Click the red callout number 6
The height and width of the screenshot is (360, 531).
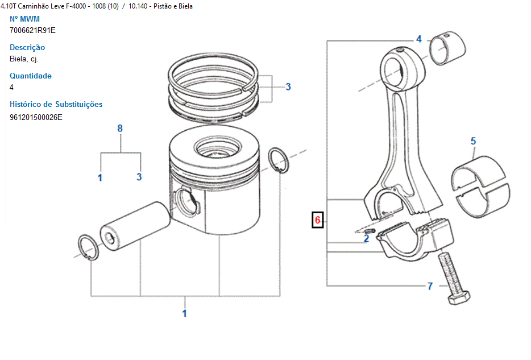pos(318,220)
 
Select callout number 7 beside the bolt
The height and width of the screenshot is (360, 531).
pos(430,285)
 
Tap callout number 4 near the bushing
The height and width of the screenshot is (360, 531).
pos(419,39)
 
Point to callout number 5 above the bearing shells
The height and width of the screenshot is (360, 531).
pos(473,141)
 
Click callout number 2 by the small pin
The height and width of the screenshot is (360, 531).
pos(366,238)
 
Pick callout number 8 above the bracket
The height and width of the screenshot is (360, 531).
pos(120,129)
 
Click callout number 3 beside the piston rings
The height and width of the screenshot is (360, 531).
pos(288,87)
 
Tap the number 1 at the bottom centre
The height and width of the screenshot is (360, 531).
pos(184,313)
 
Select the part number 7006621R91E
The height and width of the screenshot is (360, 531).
pos(33,30)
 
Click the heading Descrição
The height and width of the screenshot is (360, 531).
pos(27,47)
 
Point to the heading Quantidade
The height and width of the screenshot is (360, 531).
pos(31,76)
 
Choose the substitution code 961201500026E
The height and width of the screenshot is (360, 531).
pos(36,117)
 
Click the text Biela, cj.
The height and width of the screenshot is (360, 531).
pos(24,59)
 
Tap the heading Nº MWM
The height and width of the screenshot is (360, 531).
pos(25,19)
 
